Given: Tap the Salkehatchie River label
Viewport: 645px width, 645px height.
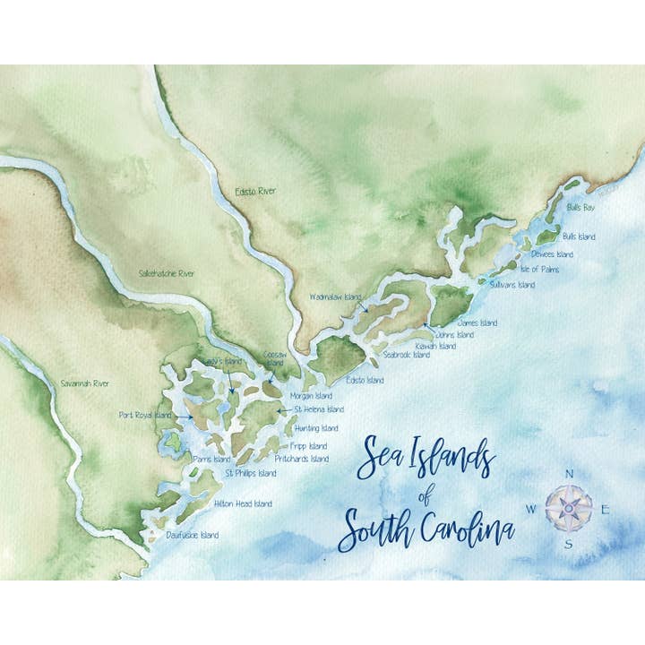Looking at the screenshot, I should pyautogui.click(x=167, y=273).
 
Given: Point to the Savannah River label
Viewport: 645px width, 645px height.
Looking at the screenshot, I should pyautogui.click(x=85, y=383).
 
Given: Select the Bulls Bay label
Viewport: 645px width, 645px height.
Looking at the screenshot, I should pyautogui.click(x=580, y=208).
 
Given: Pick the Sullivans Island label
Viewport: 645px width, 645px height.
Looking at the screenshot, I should pyautogui.click(x=512, y=285).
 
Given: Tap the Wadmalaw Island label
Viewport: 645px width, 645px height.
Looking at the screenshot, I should pyautogui.click(x=335, y=297).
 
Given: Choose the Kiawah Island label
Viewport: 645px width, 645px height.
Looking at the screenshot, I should pyautogui.click(x=434, y=346).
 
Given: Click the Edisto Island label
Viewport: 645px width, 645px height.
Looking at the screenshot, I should pyautogui.click(x=364, y=380).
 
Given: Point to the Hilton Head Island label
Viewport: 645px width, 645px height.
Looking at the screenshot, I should pyautogui.click(x=243, y=503).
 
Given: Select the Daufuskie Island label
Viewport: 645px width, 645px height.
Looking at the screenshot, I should pyautogui.click(x=192, y=535).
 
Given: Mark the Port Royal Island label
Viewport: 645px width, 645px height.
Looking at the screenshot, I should pyautogui.click(x=145, y=415).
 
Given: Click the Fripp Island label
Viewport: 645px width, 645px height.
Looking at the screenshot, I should pyautogui.click(x=309, y=446).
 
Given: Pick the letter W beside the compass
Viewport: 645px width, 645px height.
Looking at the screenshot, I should pyautogui.click(x=530, y=509).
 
